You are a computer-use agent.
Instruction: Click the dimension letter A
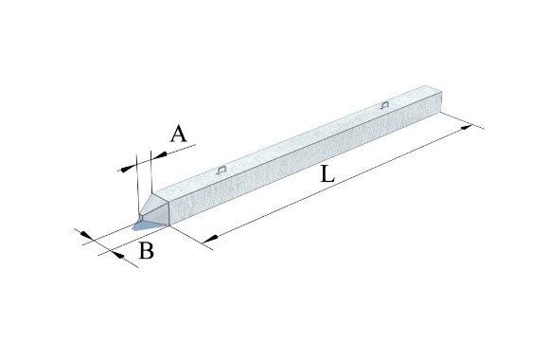[178, 134]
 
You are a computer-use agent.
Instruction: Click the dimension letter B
[147, 251]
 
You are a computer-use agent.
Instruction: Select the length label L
[328, 174]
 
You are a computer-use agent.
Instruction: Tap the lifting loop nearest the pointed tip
[221, 170]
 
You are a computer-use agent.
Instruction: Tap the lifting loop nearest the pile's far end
[384, 104]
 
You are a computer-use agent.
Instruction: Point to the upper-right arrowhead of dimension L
[467, 127]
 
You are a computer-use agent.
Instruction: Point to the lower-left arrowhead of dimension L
[210, 239]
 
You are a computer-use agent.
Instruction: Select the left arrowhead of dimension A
[128, 169]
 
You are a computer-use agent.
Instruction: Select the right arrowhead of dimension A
[159, 155]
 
